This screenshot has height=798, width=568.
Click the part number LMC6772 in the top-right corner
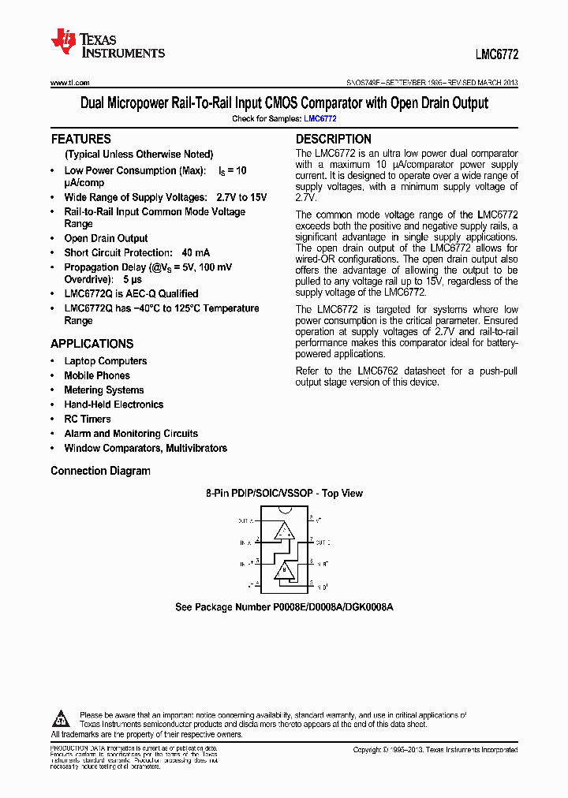pos(496,56)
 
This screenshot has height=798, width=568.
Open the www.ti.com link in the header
pos(70,83)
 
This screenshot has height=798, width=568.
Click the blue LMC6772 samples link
pos(320,118)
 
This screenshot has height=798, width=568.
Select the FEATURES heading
pos(80,139)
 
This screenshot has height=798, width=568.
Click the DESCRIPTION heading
pos(333,139)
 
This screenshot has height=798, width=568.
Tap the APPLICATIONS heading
pos(92,344)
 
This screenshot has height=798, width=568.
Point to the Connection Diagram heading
pos(100,471)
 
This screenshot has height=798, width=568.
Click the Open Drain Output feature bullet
pos(106,238)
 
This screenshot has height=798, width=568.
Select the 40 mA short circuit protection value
pos(196,252)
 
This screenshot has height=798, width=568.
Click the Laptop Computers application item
pos(105,361)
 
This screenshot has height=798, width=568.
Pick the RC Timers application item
pos(87,419)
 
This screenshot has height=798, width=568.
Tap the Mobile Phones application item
pos(96,375)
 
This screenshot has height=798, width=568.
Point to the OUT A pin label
pos(245,521)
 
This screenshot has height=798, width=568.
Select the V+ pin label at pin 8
pos(319,521)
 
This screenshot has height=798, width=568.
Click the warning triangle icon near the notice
pos(61,719)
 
